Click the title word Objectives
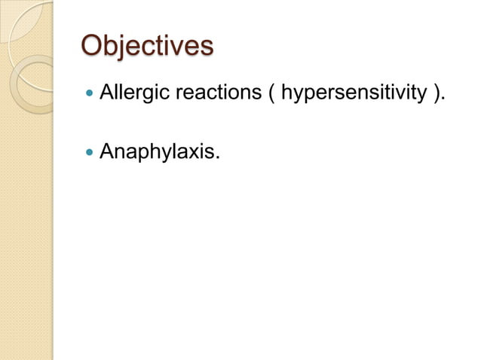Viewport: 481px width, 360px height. (x=147, y=46)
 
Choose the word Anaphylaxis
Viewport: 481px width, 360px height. (x=158, y=152)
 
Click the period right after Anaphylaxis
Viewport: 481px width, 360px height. (x=219, y=158)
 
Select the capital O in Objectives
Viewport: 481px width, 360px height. (x=93, y=46)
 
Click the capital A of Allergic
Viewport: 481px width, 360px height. (x=107, y=95)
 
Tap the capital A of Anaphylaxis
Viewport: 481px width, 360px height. (x=107, y=152)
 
